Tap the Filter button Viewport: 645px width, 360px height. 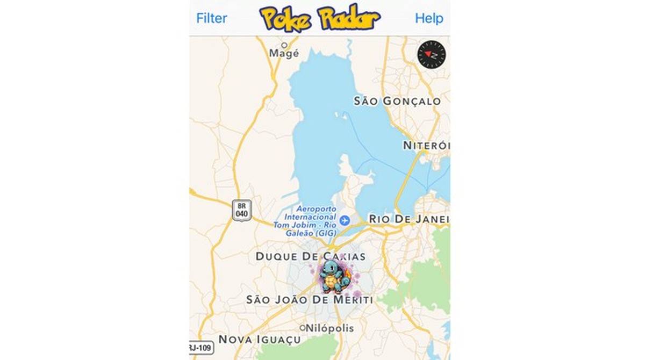pyautogui.click(x=211, y=18)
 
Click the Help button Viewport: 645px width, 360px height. pyautogui.click(x=429, y=18)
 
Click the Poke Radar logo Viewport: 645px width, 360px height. pyautogui.click(x=320, y=18)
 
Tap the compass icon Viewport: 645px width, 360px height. pyautogui.click(x=432, y=54)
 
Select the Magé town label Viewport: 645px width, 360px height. pyautogui.click(x=284, y=54)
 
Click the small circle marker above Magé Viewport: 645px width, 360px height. pyautogui.click(x=284, y=45)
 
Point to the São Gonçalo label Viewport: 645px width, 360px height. pyautogui.click(x=397, y=101)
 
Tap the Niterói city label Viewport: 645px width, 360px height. pyautogui.click(x=426, y=146)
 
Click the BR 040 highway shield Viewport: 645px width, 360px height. pyautogui.click(x=242, y=210)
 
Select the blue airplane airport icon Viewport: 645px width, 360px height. pyautogui.click(x=345, y=220)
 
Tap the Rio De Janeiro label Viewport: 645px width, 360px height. pyautogui.click(x=408, y=219)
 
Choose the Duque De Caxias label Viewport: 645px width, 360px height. pyautogui.click(x=311, y=256)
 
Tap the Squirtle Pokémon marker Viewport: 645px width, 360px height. pyautogui.click(x=334, y=276)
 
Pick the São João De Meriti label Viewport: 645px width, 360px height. pyautogui.click(x=309, y=300)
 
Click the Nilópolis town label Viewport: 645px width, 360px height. pyautogui.click(x=330, y=328)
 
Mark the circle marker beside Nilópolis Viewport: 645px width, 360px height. pyautogui.click(x=303, y=328)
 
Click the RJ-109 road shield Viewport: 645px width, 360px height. pyautogui.click(x=201, y=348)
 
